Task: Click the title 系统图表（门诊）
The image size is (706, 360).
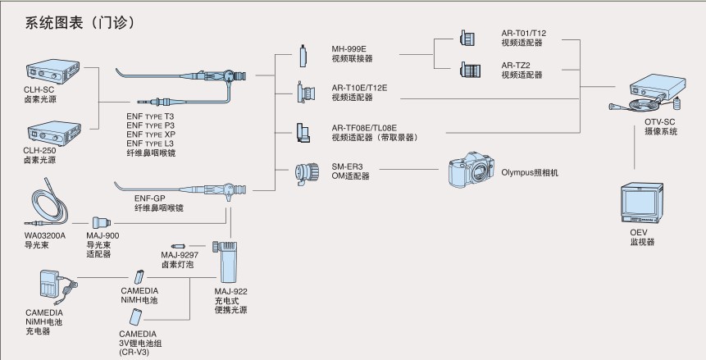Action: [80, 21]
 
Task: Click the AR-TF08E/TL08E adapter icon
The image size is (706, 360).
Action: [303, 130]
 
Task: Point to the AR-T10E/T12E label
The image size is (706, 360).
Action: [360, 87]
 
